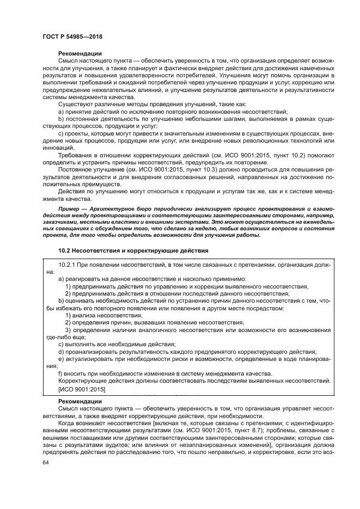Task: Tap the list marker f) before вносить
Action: point(60,373)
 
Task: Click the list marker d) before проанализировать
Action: point(61,351)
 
